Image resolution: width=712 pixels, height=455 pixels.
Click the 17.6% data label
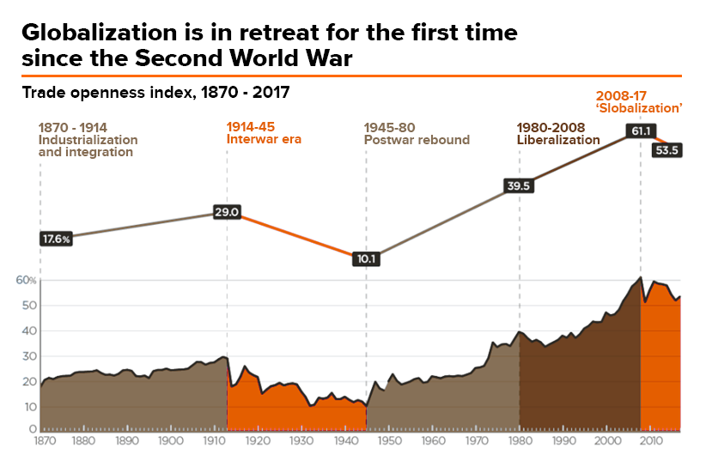[x=56, y=240]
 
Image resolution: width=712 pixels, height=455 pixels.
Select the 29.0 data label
[x=227, y=212]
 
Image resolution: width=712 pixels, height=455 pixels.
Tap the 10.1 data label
[x=367, y=258]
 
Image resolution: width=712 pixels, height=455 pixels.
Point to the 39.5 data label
[x=519, y=185]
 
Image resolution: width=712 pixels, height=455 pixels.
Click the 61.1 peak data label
[x=641, y=131]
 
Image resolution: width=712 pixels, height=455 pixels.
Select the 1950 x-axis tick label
[x=388, y=440]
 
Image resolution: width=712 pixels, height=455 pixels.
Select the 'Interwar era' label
[x=264, y=139]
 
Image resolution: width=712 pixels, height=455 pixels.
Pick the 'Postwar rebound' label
[x=417, y=139]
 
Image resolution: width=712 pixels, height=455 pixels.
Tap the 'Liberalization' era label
[x=557, y=139]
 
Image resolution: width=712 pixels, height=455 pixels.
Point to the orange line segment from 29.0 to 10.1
[x=296, y=234]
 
